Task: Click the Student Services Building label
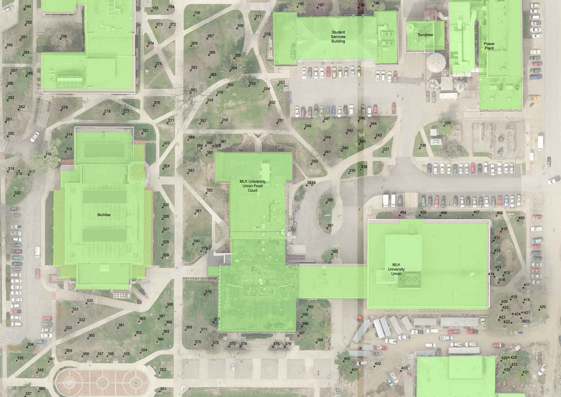[338, 37]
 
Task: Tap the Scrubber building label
[425, 35]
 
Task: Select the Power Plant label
[489, 46]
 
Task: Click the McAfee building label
[104, 215]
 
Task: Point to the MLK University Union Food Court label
[252, 186]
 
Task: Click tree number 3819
[307, 185]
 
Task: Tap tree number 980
[39, 391]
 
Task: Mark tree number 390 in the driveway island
[327, 203]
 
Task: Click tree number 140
[24, 9]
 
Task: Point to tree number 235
[444, 125]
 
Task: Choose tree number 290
[60, 39]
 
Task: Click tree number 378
[205, 294]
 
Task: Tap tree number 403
[401, 371]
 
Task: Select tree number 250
[311, 164]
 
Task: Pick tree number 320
[14, 196]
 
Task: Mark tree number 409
[518, 221]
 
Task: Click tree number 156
[194, 15]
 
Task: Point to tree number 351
[160, 391]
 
